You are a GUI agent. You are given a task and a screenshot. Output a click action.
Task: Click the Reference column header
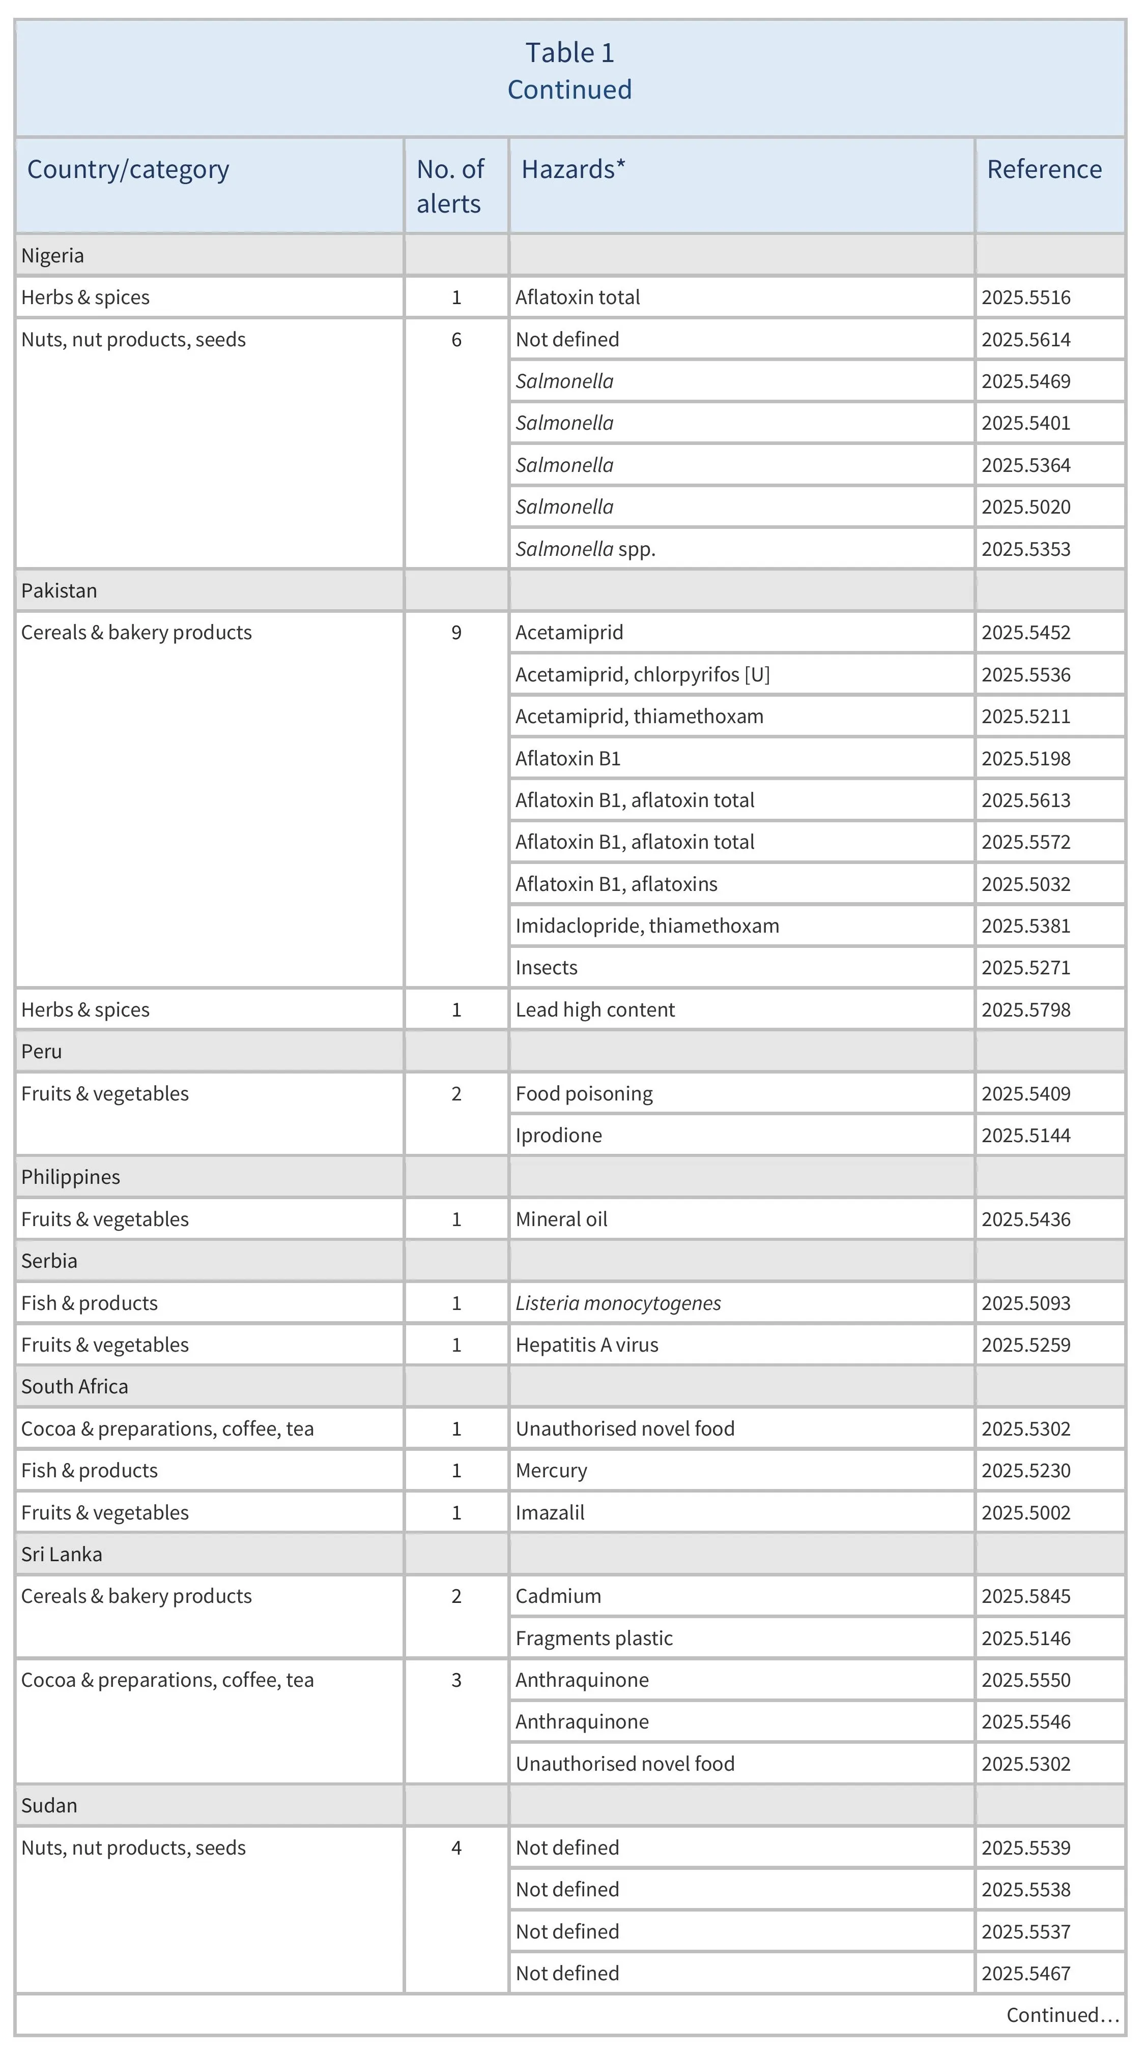1044,169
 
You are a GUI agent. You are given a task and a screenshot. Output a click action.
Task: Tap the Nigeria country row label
53,255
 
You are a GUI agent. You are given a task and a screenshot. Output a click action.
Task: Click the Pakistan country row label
59,590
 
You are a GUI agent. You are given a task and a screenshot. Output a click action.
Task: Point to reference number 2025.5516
1025,297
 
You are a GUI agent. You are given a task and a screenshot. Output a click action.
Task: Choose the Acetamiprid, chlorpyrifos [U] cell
642,674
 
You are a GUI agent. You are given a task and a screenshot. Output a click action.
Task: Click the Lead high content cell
595,1009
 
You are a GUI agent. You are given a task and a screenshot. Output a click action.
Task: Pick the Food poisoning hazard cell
584,1093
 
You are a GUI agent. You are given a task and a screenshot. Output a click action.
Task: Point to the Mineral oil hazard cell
561,1219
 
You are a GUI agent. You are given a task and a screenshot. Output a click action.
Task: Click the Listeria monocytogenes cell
618,1302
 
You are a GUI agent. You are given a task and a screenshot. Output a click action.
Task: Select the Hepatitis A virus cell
587,1345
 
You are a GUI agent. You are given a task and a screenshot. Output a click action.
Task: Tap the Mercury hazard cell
551,1470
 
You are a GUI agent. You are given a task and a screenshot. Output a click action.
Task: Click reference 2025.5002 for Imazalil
1025,1512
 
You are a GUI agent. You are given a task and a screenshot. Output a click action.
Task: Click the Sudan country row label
49,1805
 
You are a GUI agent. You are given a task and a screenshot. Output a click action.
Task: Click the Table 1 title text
569,53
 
